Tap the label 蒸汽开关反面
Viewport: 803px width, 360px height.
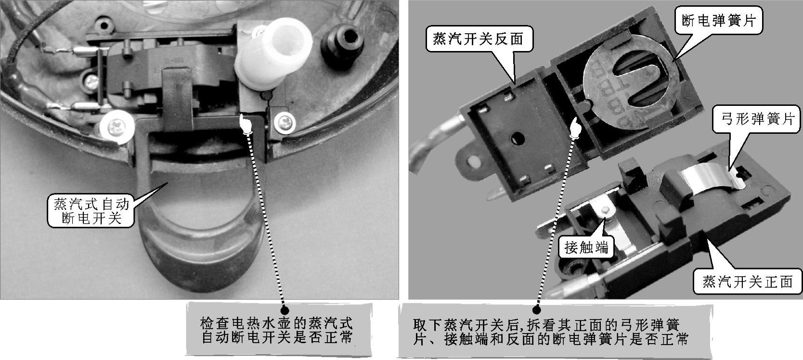(x=478, y=39)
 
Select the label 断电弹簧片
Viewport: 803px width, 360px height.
(x=719, y=20)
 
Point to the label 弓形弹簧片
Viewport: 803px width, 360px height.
(x=757, y=118)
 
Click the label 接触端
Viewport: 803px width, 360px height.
(x=586, y=247)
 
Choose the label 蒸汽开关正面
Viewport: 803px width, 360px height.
(x=748, y=282)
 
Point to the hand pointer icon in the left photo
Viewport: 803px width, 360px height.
(x=246, y=124)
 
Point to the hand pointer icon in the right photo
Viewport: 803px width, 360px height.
(x=575, y=128)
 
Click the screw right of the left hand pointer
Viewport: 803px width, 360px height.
(x=285, y=122)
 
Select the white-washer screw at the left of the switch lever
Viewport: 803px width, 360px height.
(x=117, y=127)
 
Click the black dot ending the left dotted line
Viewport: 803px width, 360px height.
(x=285, y=310)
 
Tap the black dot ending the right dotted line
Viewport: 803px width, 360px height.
(x=536, y=310)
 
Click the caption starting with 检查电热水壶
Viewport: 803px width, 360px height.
(x=277, y=331)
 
